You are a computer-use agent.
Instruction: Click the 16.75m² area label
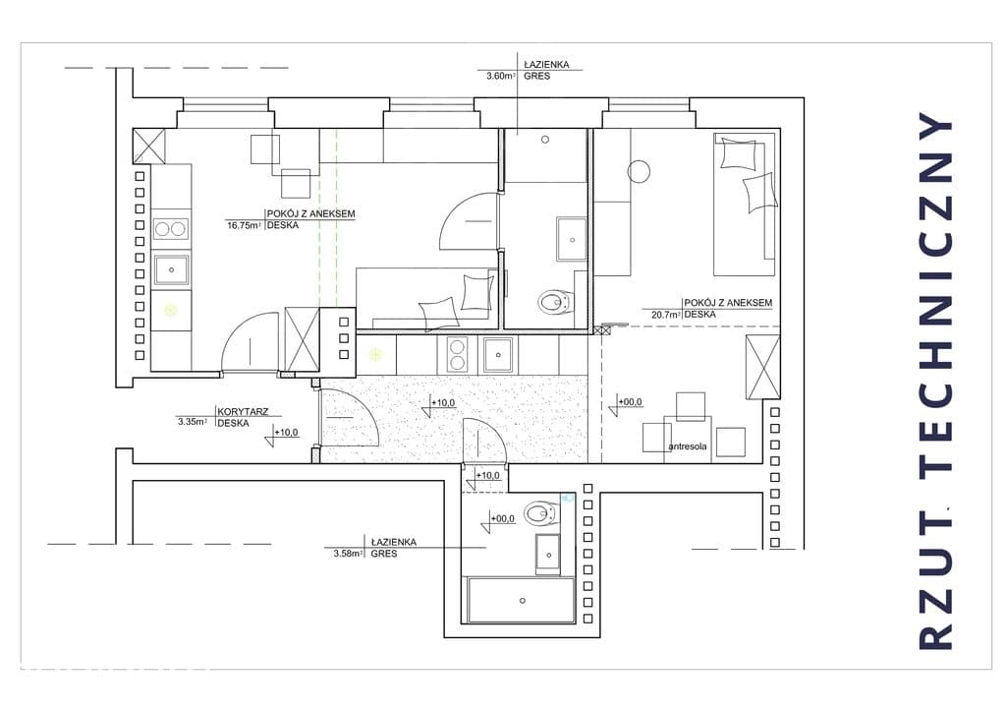point(244,225)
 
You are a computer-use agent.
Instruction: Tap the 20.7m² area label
point(666,315)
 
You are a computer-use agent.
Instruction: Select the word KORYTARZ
point(244,411)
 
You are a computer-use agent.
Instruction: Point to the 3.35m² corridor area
point(193,422)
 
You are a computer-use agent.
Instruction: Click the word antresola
point(687,445)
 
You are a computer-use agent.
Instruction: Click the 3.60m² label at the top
point(501,76)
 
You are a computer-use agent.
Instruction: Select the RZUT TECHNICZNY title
point(936,380)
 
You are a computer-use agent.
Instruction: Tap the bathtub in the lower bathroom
point(521,600)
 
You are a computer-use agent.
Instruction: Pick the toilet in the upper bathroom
point(556,301)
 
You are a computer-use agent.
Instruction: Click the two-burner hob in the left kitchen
point(171,229)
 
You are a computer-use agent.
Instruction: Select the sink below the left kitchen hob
point(171,269)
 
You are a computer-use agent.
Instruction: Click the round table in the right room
point(639,171)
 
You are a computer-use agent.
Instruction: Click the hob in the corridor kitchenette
point(457,354)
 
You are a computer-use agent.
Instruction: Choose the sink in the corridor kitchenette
point(498,355)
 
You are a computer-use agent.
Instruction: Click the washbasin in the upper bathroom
point(571,240)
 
